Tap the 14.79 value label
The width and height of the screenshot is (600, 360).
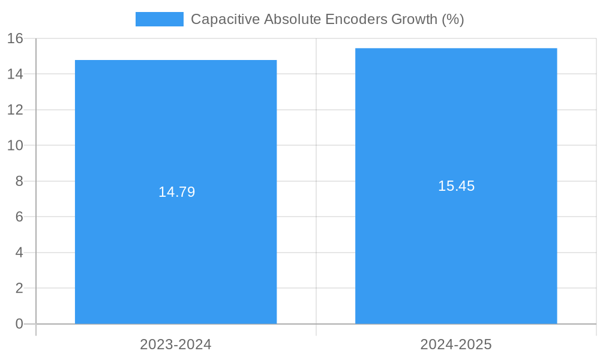pyautogui.click(x=176, y=192)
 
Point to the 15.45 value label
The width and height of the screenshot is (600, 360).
pyautogui.click(x=456, y=186)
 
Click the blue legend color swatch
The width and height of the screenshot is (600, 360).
pyautogui.click(x=159, y=19)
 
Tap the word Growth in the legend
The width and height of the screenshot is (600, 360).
pyautogui.click(x=414, y=19)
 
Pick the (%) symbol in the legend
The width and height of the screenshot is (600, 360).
pyautogui.click(x=453, y=19)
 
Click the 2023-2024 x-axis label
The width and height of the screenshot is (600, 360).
pyautogui.click(x=176, y=344)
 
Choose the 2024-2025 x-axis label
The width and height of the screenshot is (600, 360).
pyautogui.click(x=456, y=344)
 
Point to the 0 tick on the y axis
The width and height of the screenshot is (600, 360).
pyautogui.click(x=19, y=324)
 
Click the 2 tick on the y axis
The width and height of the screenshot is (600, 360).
pyautogui.click(x=19, y=288)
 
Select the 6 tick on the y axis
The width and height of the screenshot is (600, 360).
pyautogui.click(x=19, y=217)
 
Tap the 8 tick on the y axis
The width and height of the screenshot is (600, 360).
pyautogui.click(x=19, y=181)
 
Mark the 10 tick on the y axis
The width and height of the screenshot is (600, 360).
pyautogui.click(x=15, y=145)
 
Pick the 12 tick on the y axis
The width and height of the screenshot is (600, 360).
pyautogui.click(x=15, y=110)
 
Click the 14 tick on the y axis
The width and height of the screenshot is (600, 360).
pyautogui.click(x=15, y=74)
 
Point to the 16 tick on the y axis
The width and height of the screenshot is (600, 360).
pyautogui.click(x=15, y=38)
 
